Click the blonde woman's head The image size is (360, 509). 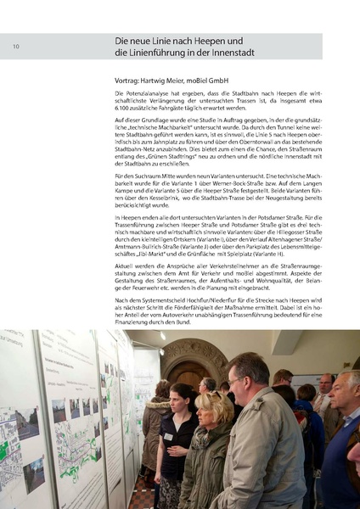tap(211, 405)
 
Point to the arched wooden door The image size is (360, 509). tap(184, 366)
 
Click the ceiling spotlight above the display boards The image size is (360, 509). tap(162, 336)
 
